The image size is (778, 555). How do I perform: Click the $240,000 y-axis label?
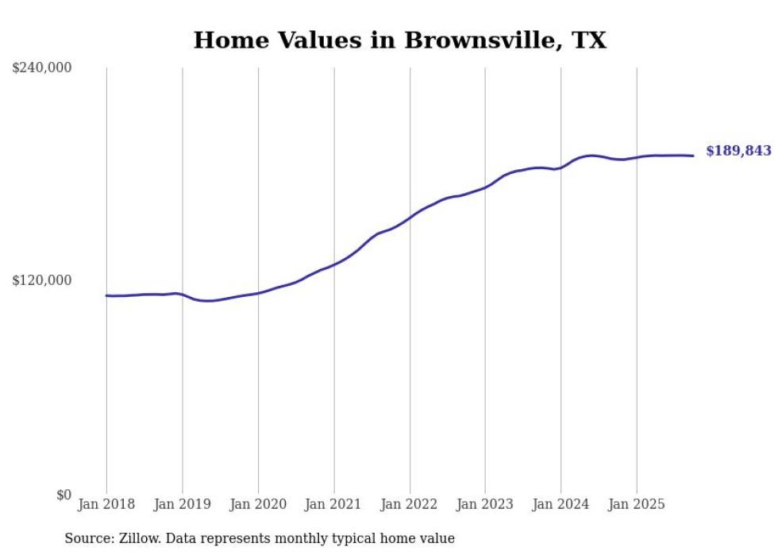[x=42, y=68]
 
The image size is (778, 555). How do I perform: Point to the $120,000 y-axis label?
[x=42, y=280]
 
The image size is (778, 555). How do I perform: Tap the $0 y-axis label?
[x=64, y=495]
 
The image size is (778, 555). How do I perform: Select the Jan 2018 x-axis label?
[x=106, y=504]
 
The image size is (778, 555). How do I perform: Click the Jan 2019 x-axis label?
[x=182, y=504]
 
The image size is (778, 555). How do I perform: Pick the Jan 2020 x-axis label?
[x=258, y=504]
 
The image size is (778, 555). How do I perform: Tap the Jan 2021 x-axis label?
[x=333, y=504]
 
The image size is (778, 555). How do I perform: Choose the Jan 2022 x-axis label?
[x=410, y=504]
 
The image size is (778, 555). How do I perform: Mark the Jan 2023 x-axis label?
[x=485, y=504]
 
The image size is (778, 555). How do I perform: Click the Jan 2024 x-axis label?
[x=560, y=504]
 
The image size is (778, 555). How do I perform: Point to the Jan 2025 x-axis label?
[x=636, y=504]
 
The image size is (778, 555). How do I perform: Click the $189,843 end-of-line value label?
[x=738, y=151]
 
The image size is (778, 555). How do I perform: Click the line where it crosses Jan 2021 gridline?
[x=334, y=264]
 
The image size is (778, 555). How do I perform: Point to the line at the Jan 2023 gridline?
[x=485, y=187]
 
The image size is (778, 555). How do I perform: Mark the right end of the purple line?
[x=693, y=156]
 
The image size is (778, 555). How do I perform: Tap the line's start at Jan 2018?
[x=107, y=295]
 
